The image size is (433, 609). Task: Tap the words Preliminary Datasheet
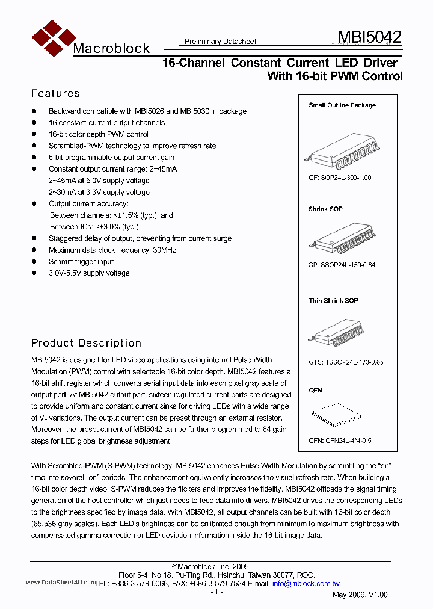(220, 42)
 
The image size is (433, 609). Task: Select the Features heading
(55, 93)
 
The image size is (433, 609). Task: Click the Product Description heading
(86, 343)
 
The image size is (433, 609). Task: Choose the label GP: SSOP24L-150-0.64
(342, 265)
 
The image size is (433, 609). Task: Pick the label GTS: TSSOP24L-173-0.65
(346, 362)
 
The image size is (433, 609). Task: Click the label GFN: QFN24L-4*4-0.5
(340, 441)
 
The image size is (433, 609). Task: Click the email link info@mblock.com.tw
(306, 584)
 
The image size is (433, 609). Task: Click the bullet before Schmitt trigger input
(34, 262)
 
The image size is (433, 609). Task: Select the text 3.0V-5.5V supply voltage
(89, 273)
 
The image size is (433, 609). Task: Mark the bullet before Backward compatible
(34, 111)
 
